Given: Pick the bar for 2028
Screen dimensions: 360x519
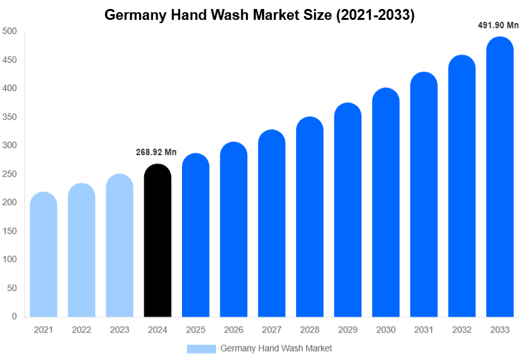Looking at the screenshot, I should click(309, 217).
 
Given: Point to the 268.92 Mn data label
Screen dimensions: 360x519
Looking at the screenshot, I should click(156, 152).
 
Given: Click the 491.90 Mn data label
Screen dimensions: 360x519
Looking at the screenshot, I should click(498, 26).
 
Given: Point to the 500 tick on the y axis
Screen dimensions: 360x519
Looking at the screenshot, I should click(9, 31).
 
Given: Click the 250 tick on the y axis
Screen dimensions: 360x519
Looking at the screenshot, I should click(9, 174).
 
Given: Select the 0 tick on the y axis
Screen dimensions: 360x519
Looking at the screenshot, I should click(13, 316).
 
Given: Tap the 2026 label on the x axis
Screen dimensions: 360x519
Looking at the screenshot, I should click(233, 330).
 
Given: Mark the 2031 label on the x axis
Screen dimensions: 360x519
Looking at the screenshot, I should click(424, 330).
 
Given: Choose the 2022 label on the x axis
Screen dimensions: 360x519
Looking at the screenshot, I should click(81, 330).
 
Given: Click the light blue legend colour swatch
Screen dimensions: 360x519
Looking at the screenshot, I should click(201, 348).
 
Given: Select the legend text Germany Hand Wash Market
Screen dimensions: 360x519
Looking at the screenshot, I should click(276, 348).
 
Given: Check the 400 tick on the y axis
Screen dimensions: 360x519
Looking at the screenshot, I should click(9, 88).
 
